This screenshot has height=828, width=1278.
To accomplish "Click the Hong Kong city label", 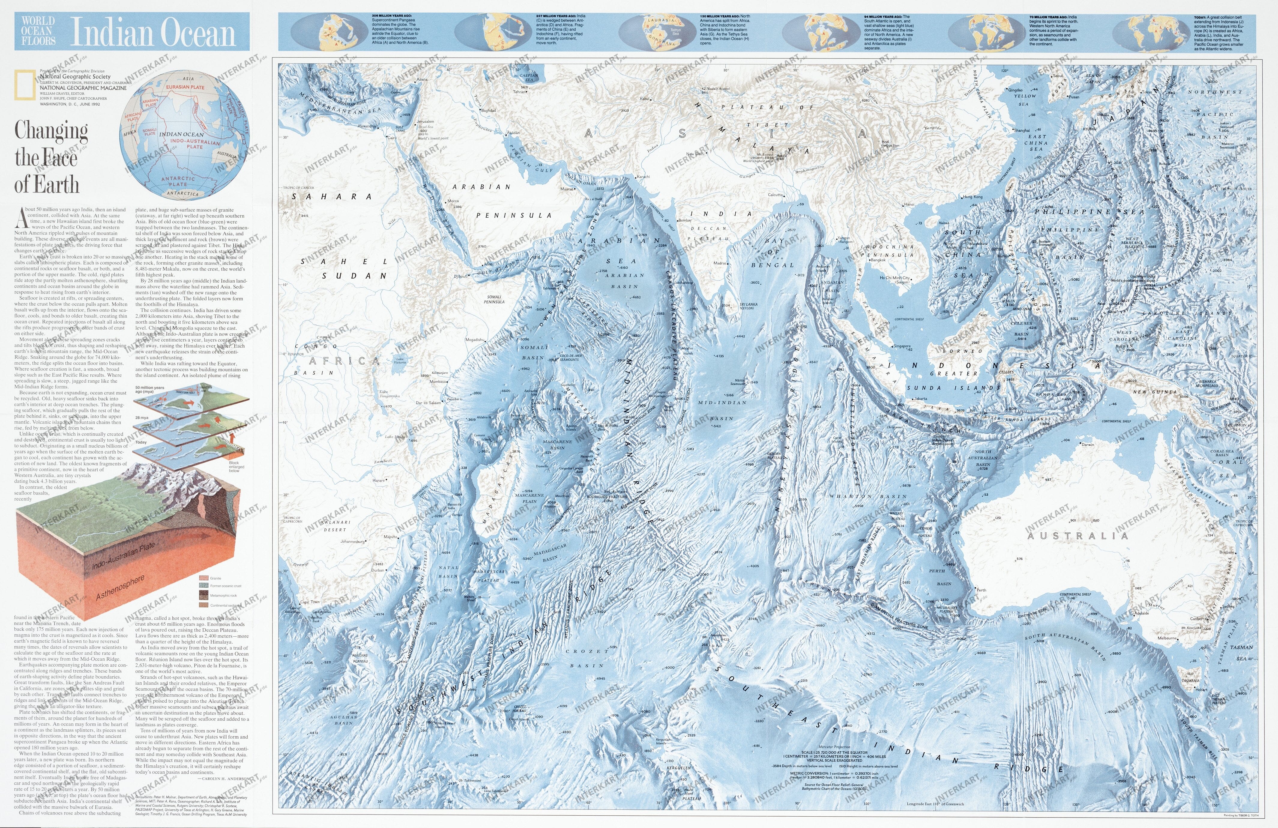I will (972, 197).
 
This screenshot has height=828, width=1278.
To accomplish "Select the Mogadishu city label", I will (475, 340).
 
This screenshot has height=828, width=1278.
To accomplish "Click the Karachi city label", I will (643, 177).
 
